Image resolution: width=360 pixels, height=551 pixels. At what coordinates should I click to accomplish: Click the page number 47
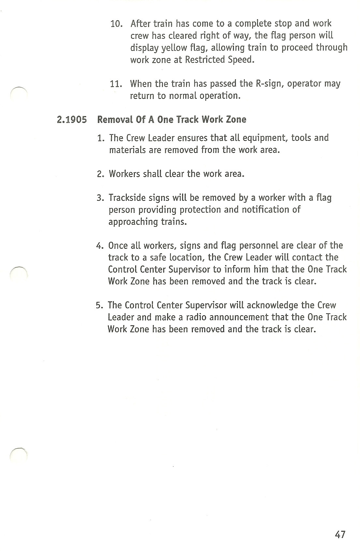point(339,534)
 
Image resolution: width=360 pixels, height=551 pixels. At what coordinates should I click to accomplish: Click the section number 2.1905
point(72,120)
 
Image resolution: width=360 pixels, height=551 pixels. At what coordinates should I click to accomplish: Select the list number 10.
point(116,24)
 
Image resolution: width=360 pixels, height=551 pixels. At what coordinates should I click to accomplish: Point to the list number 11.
point(116,84)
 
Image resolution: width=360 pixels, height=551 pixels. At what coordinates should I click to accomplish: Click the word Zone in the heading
point(236,120)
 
